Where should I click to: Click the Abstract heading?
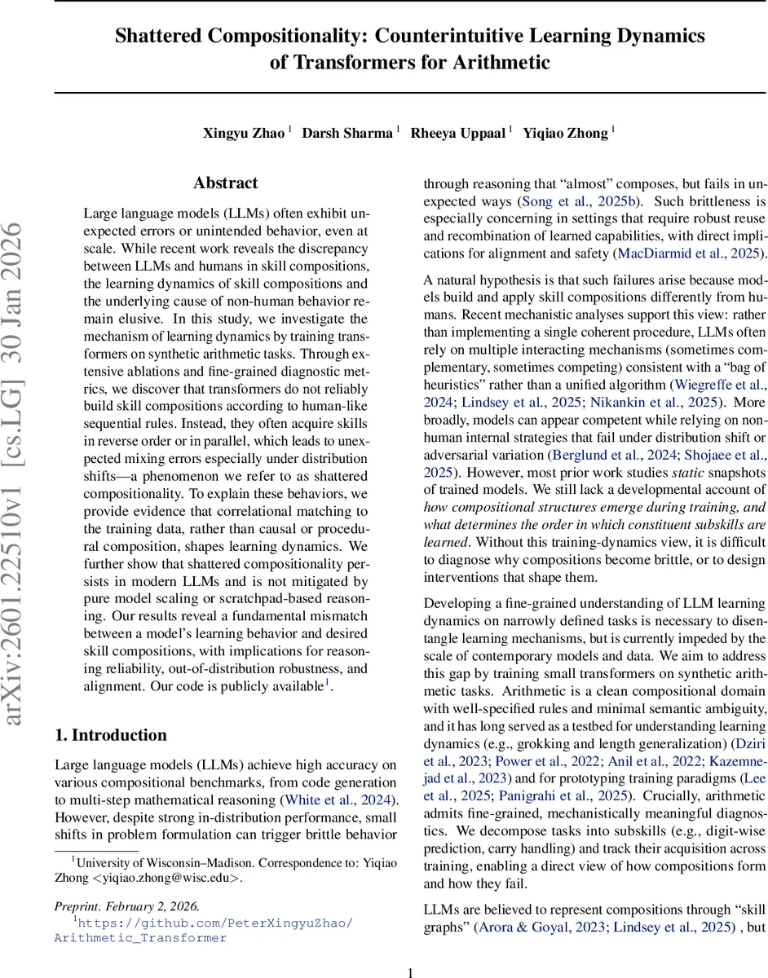point(225,183)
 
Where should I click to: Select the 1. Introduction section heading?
point(110,735)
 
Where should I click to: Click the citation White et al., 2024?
point(337,800)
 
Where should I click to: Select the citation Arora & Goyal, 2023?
point(541,927)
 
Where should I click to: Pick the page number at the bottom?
point(411,971)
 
